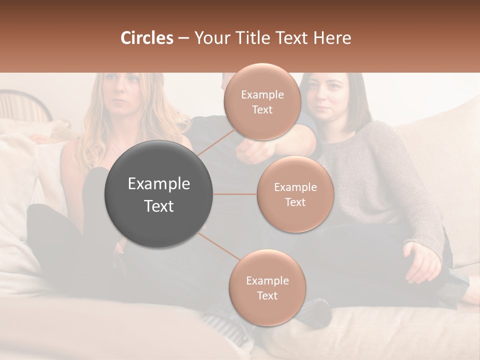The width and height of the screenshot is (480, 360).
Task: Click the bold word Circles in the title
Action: point(146,38)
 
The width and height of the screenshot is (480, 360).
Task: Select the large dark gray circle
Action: point(159,194)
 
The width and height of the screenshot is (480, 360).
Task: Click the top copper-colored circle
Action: point(261,102)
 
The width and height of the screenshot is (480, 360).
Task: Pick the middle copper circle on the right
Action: point(295,194)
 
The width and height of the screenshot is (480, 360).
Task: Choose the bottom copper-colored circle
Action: point(267,288)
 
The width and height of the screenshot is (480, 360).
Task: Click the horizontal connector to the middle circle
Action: point(235,194)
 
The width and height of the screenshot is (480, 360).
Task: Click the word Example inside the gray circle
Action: point(159,184)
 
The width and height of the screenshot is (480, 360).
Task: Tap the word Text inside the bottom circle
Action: point(267,295)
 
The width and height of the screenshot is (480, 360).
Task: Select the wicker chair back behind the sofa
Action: point(25,104)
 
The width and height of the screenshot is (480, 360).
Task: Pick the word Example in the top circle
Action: point(262,95)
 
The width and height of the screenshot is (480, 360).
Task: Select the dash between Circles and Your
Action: point(183,38)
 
